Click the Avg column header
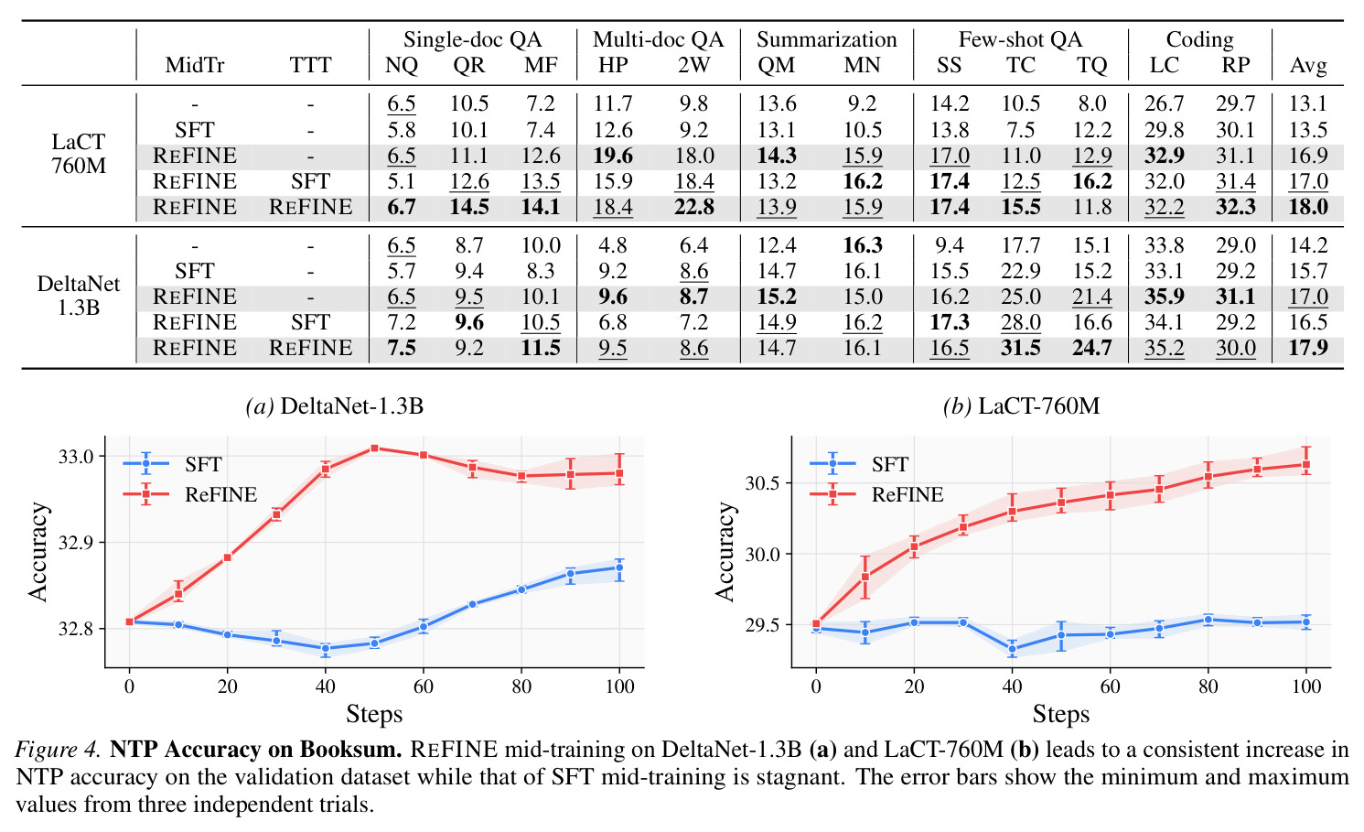[1308, 65]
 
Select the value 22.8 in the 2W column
[693, 207]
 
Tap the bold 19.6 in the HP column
[613, 156]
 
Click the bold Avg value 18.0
[1308, 207]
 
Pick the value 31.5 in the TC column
[1021, 348]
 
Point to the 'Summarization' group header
[826, 39]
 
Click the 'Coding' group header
[1199, 39]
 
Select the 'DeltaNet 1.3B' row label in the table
[79, 296]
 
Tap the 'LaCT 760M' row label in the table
[79, 154]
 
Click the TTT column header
[310, 65]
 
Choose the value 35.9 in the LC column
[1165, 297]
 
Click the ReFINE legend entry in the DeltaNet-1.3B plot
[190, 494]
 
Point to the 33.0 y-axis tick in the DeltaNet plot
[76, 457]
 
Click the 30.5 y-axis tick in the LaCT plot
[763, 483]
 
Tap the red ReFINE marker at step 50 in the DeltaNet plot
[374, 448]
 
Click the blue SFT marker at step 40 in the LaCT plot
[1012, 649]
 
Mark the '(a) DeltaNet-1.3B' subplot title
[334, 406]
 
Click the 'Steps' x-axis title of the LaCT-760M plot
[1061, 714]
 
